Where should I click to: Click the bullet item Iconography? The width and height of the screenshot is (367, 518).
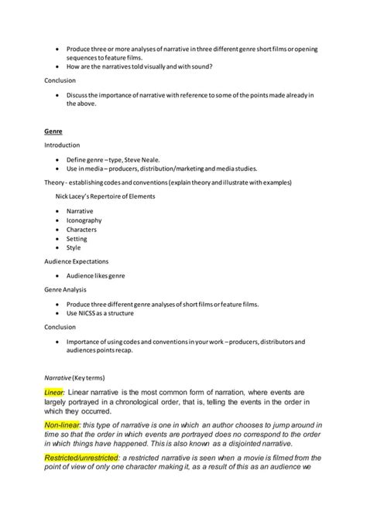click(x=84, y=220)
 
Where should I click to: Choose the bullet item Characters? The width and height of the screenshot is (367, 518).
click(x=82, y=230)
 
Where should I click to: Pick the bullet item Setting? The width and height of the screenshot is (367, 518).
click(x=77, y=239)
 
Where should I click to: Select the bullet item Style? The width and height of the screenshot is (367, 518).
click(x=74, y=248)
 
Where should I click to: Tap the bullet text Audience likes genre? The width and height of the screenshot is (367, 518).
click(x=96, y=275)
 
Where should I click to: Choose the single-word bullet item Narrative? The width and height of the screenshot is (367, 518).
click(x=81, y=210)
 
